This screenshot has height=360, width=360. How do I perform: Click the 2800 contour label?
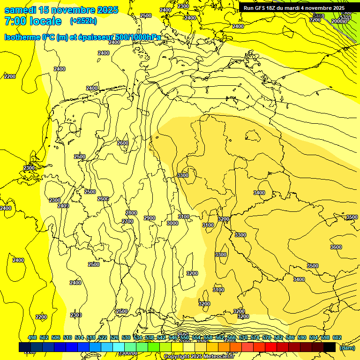point(131,213)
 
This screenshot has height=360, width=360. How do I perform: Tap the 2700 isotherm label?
point(127,221)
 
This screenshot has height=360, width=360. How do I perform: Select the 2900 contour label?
point(150,218)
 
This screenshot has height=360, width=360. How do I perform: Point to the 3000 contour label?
point(172,223)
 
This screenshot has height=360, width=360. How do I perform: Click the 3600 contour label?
point(336,247)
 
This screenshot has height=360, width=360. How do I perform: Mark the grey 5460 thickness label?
point(318,16)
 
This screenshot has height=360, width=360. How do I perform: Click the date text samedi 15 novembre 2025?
point(61,10)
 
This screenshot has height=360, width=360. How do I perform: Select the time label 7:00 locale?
point(33,21)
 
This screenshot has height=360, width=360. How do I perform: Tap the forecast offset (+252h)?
point(84,21)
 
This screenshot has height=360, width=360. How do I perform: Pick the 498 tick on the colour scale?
point(32,337)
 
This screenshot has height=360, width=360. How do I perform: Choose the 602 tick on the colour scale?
point(337,337)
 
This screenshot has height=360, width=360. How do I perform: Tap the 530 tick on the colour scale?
point(126,337)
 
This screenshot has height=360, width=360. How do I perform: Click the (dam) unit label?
point(347,348)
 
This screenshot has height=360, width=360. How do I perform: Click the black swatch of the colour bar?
point(330,347)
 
